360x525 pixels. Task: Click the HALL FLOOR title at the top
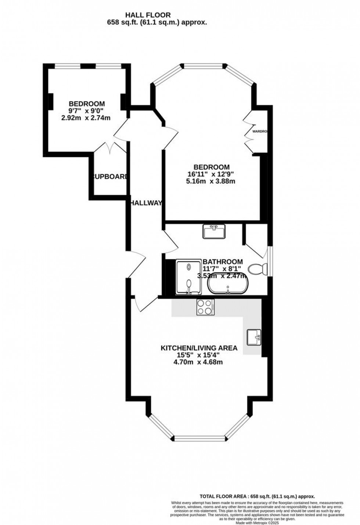pyautogui.click(x=148, y=15)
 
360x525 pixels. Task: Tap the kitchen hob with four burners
pyautogui.click(x=206, y=307)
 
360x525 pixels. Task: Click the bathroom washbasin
pyautogui.click(x=213, y=232)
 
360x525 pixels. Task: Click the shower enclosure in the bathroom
pyautogui.click(x=189, y=278)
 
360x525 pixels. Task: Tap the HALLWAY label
pyautogui.click(x=146, y=203)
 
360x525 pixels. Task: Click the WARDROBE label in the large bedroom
pyautogui.click(x=260, y=131)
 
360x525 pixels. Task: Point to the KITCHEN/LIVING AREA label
pyautogui.click(x=199, y=348)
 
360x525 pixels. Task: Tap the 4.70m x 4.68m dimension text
pyautogui.click(x=198, y=362)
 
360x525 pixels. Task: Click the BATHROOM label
pyautogui.click(x=223, y=262)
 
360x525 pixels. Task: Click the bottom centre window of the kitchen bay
pyautogui.click(x=199, y=438)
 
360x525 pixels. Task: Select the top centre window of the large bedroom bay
pyautogui.click(x=203, y=67)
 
